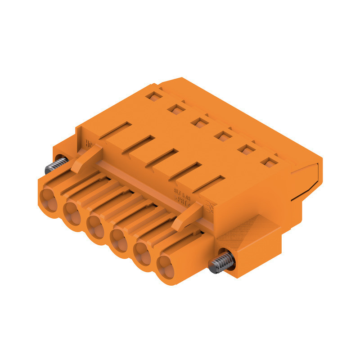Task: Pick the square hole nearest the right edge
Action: [269, 162]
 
